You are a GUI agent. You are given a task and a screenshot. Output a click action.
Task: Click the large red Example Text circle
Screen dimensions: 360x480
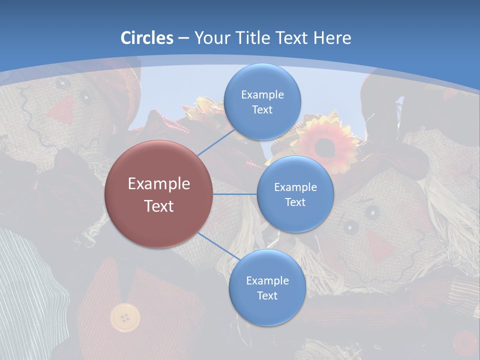(x=158, y=194)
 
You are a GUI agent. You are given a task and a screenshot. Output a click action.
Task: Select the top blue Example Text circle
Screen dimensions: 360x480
(x=262, y=101)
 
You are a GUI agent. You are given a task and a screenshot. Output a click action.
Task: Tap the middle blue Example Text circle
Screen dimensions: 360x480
(x=295, y=194)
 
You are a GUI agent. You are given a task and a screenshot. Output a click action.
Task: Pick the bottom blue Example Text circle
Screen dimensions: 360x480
(x=267, y=287)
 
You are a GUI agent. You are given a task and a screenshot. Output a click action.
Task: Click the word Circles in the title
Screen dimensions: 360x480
(x=147, y=38)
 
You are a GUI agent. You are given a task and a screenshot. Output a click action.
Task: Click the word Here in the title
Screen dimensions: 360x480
(x=332, y=38)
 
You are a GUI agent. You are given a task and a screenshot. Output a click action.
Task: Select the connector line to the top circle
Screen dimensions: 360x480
(x=216, y=142)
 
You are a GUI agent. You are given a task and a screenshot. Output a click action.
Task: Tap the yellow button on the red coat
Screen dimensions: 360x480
(x=125, y=317)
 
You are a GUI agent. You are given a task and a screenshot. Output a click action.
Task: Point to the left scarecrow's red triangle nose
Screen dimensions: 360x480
(x=63, y=109)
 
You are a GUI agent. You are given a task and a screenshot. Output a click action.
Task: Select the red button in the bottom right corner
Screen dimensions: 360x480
(x=464, y=343)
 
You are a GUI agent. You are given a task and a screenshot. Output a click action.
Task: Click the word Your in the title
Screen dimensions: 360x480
(x=210, y=38)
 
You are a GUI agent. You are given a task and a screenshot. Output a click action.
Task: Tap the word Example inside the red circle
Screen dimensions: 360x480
(x=158, y=184)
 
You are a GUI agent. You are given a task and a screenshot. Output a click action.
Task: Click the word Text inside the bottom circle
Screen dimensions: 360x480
(x=267, y=295)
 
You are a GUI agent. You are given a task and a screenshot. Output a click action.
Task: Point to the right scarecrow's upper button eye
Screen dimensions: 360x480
(x=371, y=213)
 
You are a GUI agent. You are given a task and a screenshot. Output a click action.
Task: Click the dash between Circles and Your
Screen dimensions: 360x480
(x=183, y=38)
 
